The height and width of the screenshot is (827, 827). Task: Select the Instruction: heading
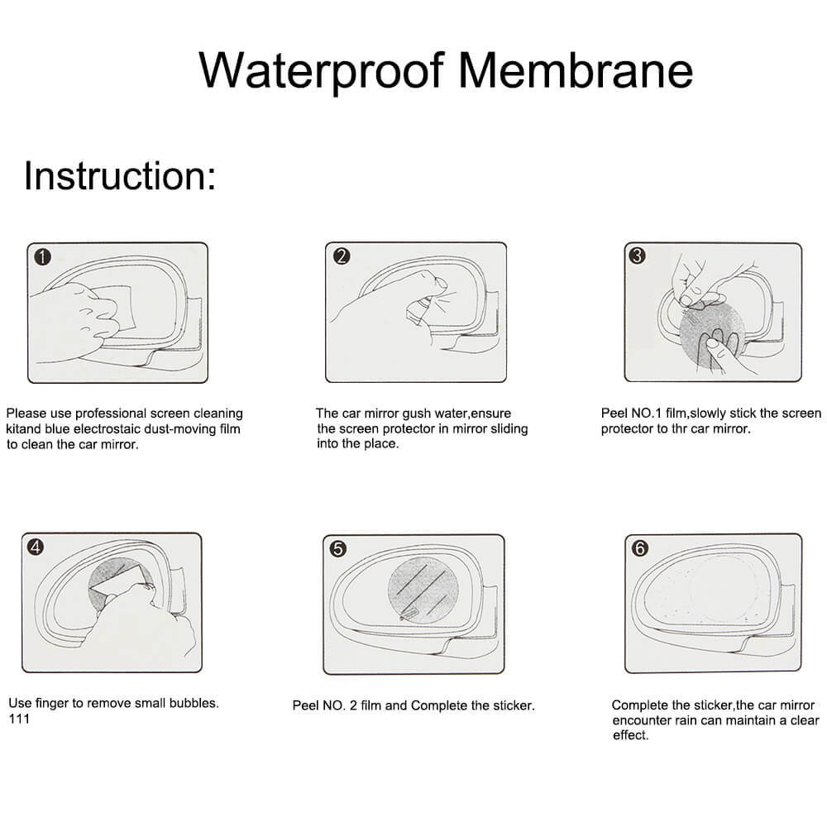tap(120, 175)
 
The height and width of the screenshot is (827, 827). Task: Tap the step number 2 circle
tap(341, 256)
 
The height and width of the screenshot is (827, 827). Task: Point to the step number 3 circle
tap(636, 256)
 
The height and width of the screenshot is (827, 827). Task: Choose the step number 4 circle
tap(36, 547)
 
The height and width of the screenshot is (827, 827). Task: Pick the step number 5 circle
tap(337, 547)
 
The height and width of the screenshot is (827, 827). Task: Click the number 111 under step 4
tap(18, 719)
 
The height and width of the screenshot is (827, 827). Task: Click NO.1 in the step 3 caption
tap(653, 413)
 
